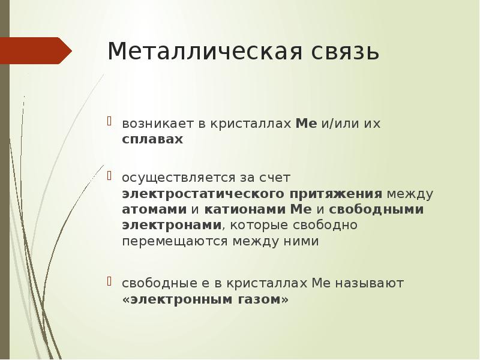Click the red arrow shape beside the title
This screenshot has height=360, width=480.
point(35,50)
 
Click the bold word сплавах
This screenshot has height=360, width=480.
point(152,139)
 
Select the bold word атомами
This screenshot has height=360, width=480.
point(154,209)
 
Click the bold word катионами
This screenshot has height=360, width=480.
point(245,209)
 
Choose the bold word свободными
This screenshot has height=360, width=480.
point(376,209)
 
